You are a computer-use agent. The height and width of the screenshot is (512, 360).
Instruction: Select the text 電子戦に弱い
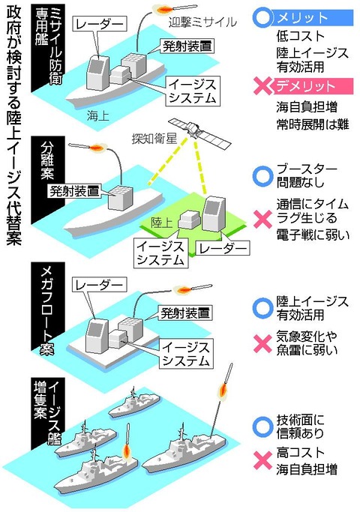click(x=310, y=235)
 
